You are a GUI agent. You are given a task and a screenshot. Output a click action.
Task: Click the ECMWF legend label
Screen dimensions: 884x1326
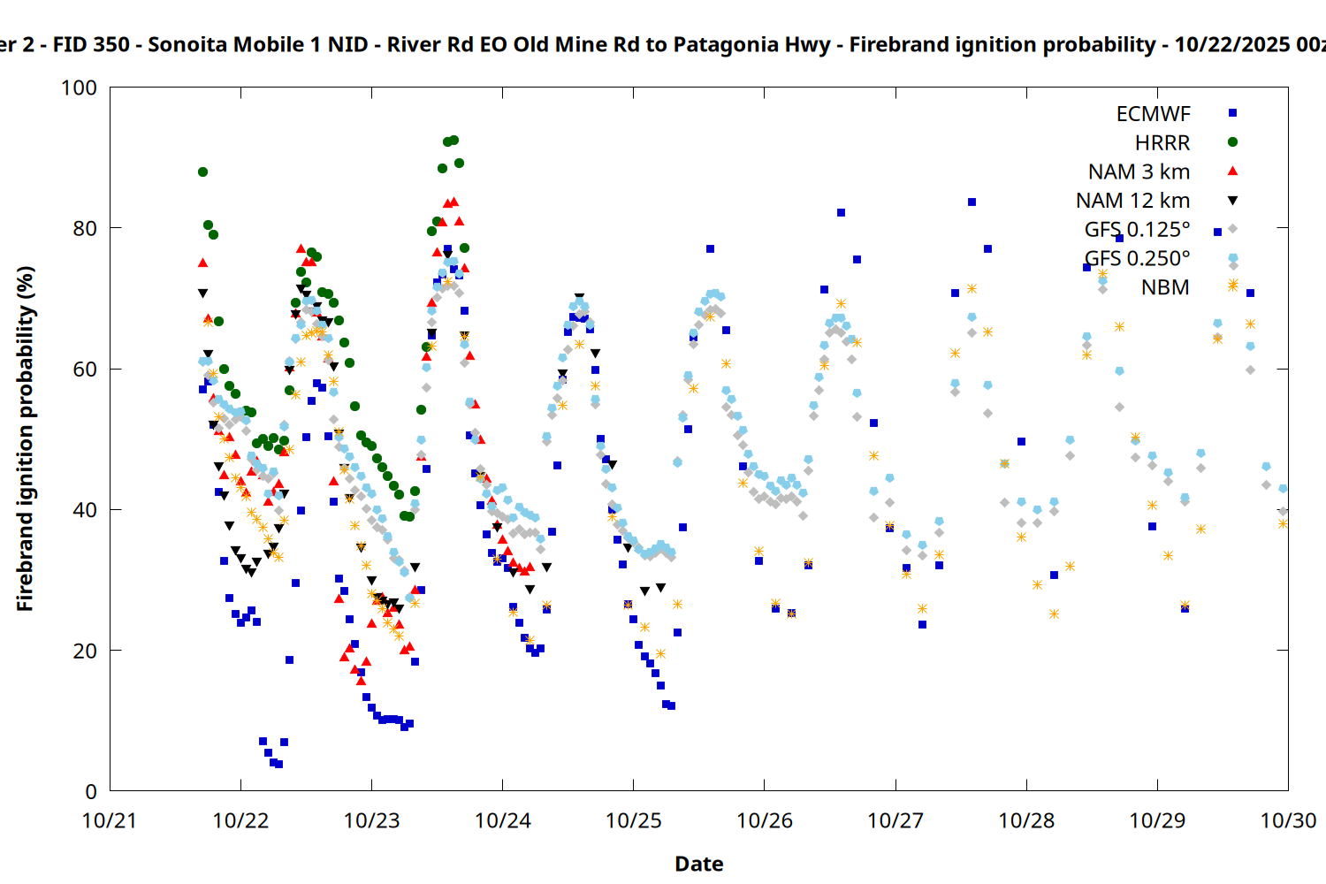pyautogui.click(x=1153, y=114)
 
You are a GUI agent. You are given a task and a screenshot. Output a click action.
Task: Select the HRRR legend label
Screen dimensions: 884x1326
pyautogui.click(x=1162, y=143)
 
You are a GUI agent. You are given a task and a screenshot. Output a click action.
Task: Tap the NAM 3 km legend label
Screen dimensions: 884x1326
pyautogui.click(x=1139, y=171)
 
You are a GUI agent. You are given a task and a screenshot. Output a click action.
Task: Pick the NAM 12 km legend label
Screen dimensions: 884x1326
pyautogui.click(x=1132, y=201)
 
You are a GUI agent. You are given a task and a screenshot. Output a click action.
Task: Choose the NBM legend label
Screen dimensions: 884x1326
pyautogui.click(x=1165, y=287)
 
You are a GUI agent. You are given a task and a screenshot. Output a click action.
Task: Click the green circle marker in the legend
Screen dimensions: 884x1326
pyautogui.click(x=1232, y=142)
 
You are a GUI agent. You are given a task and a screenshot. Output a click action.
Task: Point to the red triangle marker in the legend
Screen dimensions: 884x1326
pyautogui.click(x=1232, y=171)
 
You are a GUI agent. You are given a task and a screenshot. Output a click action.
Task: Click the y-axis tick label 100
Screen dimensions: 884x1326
pyautogui.click(x=79, y=88)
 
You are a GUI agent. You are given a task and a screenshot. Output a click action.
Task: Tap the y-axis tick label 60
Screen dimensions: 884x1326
pyautogui.click(x=85, y=369)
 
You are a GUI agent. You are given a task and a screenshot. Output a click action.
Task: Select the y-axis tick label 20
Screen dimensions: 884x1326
pyautogui.click(x=85, y=651)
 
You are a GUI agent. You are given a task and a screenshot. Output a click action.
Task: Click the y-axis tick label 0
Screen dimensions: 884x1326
pyautogui.click(x=91, y=791)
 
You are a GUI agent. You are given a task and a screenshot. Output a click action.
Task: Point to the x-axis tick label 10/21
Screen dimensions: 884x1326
pyautogui.click(x=110, y=820)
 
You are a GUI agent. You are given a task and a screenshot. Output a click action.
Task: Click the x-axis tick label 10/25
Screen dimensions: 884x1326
pyautogui.click(x=634, y=820)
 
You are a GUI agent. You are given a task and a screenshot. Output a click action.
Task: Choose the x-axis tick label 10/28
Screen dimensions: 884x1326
pyautogui.click(x=1026, y=820)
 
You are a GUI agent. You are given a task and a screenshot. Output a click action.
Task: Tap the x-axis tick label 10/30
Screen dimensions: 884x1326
pyautogui.click(x=1288, y=820)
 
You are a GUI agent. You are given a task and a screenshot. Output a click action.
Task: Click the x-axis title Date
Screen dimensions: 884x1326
pyautogui.click(x=698, y=864)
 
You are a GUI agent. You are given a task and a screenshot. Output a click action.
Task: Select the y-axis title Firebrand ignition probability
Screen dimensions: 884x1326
pyautogui.click(x=25, y=438)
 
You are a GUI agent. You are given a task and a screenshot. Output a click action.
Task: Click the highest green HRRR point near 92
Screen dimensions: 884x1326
pyautogui.click(x=453, y=140)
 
